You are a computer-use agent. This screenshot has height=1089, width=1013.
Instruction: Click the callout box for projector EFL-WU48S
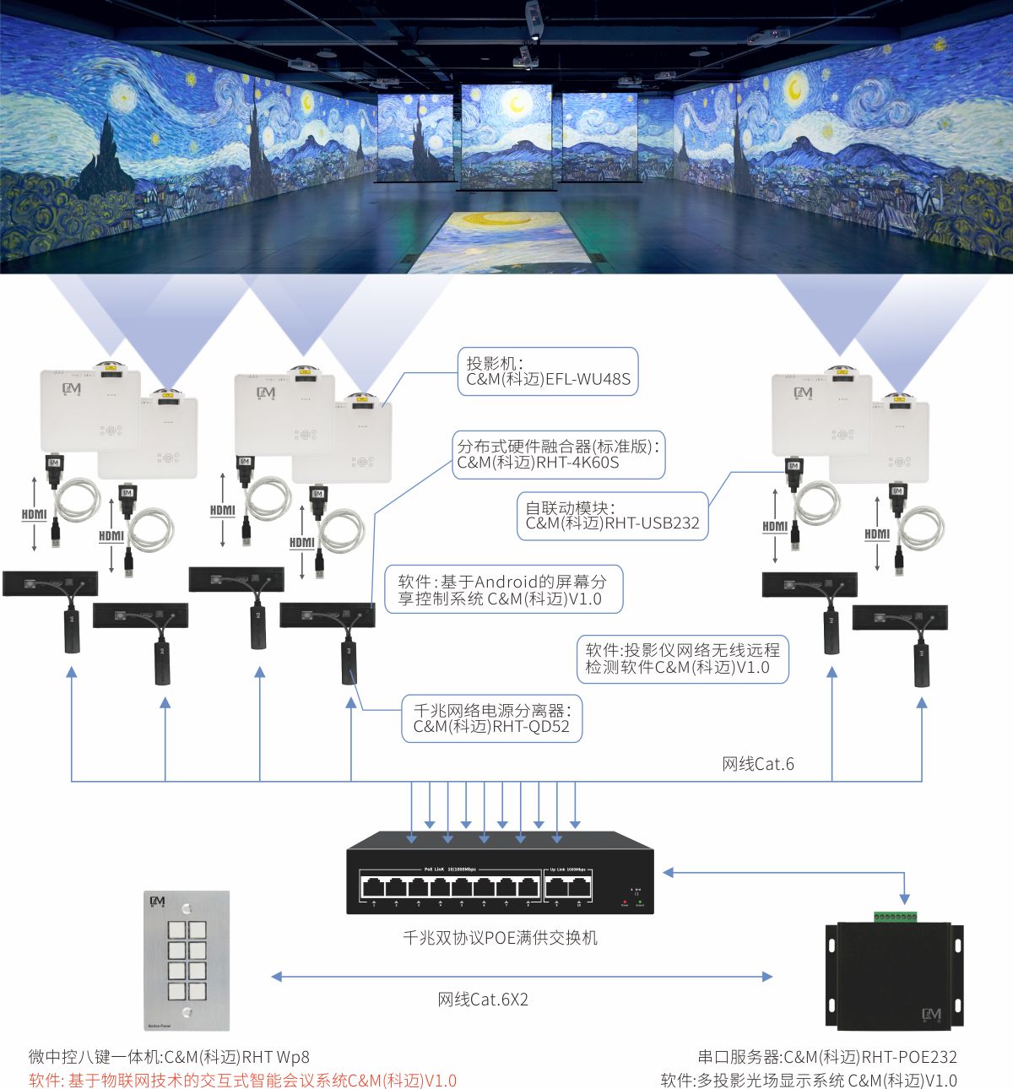click(547, 371)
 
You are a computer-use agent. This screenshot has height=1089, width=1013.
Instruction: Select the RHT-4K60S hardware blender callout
click(558, 454)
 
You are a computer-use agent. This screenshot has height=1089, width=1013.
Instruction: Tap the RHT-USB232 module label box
click(612, 515)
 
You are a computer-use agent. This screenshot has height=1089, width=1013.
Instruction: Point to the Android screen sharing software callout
click(503, 590)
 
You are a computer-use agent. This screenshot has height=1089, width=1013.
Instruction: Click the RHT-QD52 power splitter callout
click(491, 718)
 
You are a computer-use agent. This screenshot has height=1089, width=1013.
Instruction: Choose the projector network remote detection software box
click(682, 658)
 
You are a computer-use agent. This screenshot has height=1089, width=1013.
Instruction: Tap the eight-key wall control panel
click(186, 960)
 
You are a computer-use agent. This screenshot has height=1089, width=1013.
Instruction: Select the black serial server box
click(894, 976)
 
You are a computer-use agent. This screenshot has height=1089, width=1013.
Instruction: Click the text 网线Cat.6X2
click(483, 1000)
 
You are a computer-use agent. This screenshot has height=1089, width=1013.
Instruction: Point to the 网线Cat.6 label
click(757, 764)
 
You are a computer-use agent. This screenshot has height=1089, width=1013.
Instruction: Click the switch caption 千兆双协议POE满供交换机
click(500, 938)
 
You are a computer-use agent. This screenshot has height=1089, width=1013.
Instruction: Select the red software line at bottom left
click(242, 1081)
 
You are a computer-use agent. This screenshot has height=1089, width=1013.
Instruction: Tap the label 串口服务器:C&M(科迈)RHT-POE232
click(827, 1057)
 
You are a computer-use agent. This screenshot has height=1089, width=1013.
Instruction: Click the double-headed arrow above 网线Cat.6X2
click(522, 977)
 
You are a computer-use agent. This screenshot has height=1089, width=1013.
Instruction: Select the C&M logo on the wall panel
click(157, 902)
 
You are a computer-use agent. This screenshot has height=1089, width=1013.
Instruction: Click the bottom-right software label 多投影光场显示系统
click(809, 1081)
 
